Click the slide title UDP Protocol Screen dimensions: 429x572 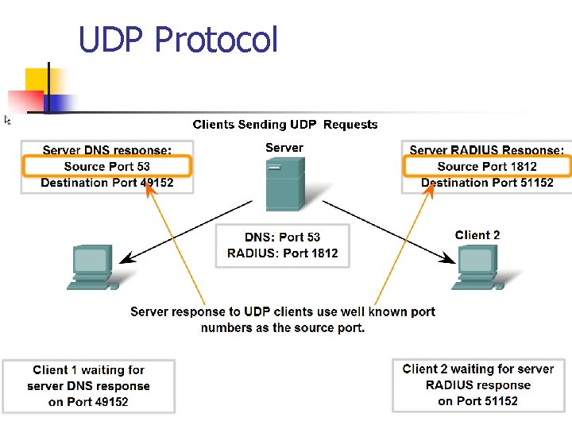(178, 39)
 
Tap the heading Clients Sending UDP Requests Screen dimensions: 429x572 (285, 125)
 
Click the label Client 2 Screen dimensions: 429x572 (477, 235)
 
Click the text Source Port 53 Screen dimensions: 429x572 (106, 166)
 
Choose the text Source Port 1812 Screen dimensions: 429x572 (486, 166)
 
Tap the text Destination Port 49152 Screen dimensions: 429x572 (106, 183)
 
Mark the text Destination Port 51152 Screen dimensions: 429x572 (486, 183)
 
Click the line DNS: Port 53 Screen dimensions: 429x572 (282, 237)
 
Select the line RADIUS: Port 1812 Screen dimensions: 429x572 (282, 253)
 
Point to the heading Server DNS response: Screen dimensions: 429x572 (106, 150)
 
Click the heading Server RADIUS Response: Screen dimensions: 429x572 (486, 150)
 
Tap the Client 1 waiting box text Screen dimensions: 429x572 (88, 386)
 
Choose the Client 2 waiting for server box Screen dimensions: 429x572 (477, 385)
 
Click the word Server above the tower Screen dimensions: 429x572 (284, 148)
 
